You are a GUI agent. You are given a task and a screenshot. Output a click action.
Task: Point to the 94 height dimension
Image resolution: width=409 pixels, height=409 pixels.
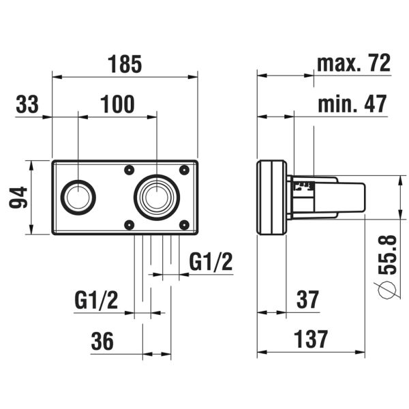[18, 198]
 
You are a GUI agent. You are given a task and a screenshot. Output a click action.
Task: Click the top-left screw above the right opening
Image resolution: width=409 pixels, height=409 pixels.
[128, 170]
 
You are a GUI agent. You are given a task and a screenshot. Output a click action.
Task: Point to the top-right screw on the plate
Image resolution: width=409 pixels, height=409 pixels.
[183, 170]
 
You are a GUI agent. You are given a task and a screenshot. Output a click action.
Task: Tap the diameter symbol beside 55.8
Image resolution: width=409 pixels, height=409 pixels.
[387, 291]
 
